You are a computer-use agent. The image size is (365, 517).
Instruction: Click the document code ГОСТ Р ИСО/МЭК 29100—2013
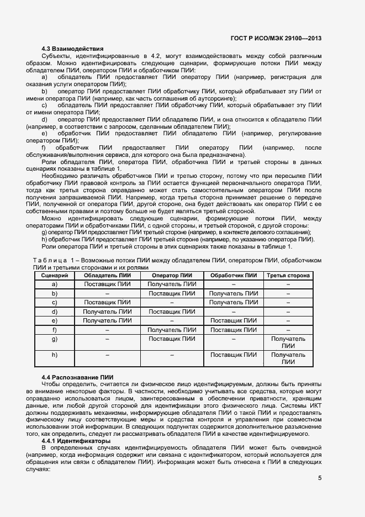tap(277, 38)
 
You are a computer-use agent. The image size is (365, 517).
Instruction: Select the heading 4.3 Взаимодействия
tap(73, 49)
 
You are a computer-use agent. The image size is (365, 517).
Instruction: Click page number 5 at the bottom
tap(320, 478)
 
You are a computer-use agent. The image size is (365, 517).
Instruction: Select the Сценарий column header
tap(54, 275)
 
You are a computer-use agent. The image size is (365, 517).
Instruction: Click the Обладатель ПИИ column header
tap(107, 275)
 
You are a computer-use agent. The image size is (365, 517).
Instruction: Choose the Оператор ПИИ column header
tap(172, 275)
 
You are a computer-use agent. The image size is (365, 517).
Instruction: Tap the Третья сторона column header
tap(288, 275)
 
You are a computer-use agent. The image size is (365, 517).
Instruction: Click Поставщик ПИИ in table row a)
tap(107, 284)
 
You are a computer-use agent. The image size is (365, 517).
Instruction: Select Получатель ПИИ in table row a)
tap(172, 284)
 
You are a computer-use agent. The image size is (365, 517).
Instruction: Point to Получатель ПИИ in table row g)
tap(288, 342)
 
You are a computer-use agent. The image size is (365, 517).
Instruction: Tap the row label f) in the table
tap(54, 330)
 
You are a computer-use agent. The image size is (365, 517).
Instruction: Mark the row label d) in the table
tap(54, 312)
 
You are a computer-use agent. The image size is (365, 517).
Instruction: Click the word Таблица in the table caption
tap(50, 260)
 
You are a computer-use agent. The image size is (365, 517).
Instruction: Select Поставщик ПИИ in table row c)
tap(107, 302)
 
